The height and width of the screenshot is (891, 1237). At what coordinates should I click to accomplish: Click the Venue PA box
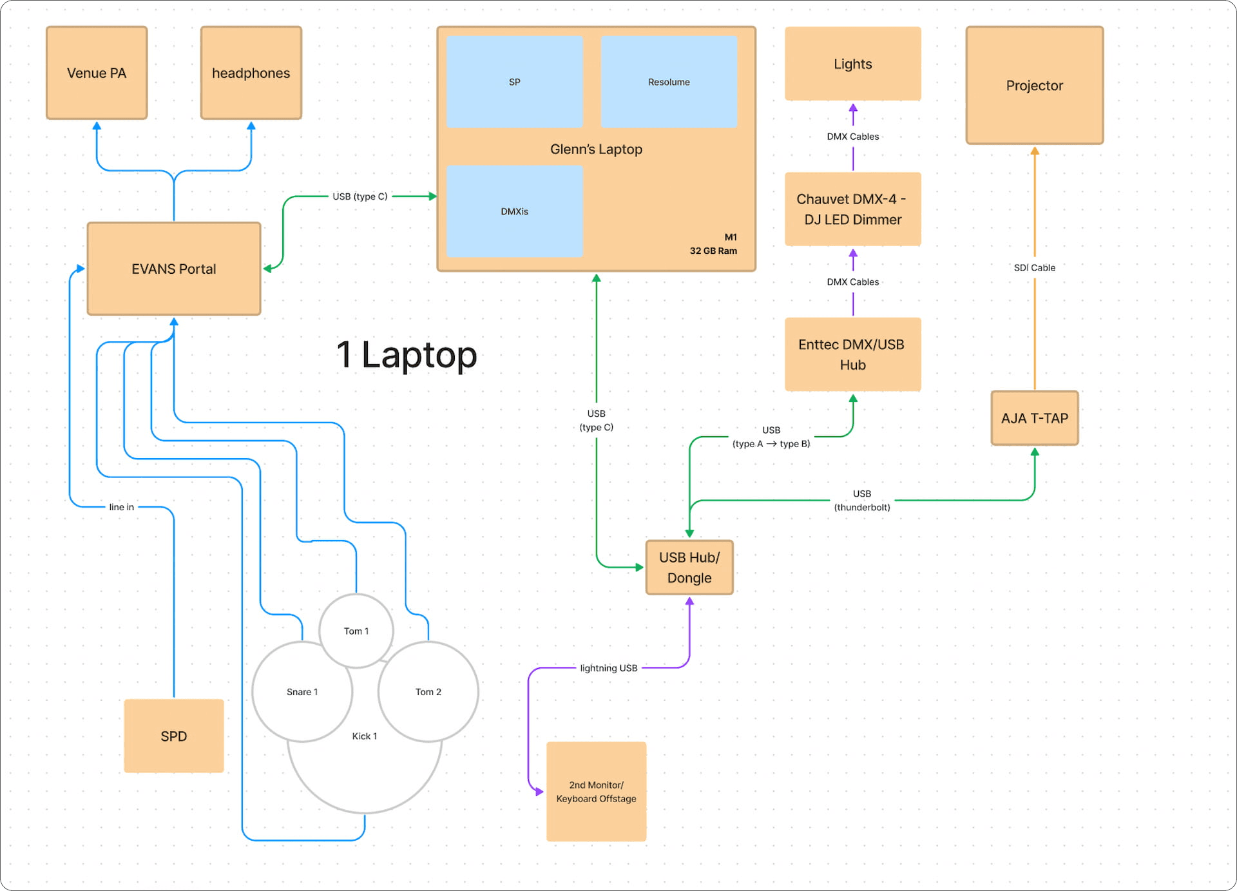coord(97,73)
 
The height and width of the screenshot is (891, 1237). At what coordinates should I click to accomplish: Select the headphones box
coord(251,73)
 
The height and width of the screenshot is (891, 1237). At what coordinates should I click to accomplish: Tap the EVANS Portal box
coord(173,269)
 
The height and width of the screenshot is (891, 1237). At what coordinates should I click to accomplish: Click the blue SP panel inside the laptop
coord(514,82)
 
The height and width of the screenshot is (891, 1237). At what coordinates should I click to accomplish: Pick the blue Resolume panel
coord(669,82)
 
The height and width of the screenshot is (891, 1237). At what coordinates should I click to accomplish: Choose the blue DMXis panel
coord(514,211)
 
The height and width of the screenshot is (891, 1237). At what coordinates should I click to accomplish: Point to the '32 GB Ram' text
coord(713,251)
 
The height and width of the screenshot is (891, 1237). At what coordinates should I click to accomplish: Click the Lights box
coord(852,64)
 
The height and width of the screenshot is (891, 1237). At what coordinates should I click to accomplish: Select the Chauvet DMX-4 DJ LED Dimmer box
coord(852,209)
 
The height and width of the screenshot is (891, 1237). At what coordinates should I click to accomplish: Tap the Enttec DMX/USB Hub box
coord(852,354)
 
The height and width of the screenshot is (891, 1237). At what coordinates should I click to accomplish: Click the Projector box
coord(1034,85)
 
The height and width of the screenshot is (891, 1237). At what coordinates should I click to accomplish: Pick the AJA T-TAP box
coord(1034,418)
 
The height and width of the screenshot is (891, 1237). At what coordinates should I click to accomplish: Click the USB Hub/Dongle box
coord(689,567)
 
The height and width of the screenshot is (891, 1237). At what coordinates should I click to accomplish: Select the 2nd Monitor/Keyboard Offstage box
coord(596,791)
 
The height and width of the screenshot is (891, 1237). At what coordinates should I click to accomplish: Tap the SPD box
coord(173,736)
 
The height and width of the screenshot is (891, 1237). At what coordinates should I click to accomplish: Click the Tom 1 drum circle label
coord(356,631)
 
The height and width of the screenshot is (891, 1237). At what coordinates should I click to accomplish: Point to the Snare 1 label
coord(302,691)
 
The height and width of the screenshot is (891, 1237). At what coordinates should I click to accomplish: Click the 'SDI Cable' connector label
coord(1034,267)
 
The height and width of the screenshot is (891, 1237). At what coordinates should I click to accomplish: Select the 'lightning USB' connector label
coord(608,667)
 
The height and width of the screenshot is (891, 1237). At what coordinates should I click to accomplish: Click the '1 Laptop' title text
coord(407,354)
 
